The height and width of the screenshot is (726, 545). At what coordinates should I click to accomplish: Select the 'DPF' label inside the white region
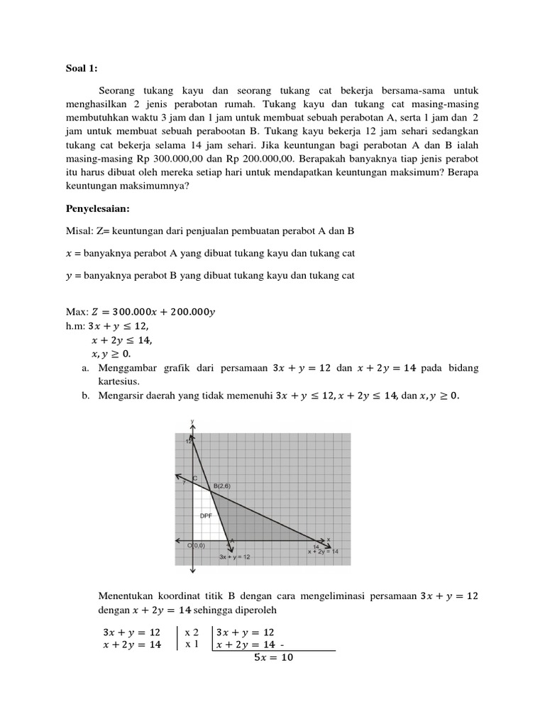pyautogui.click(x=207, y=515)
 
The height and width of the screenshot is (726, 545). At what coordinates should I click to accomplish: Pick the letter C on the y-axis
pyautogui.click(x=195, y=479)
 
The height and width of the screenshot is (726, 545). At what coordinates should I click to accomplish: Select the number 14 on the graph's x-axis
pyautogui.click(x=316, y=545)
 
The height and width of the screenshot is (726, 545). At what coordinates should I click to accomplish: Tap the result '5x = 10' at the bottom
pyautogui.click(x=273, y=657)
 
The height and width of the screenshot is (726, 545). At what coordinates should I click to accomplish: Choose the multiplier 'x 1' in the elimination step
pyautogui.click(x=192, y=644)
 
